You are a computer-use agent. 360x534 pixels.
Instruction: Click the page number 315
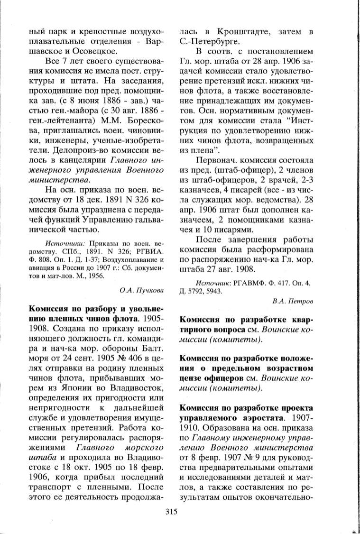pos(171,511)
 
